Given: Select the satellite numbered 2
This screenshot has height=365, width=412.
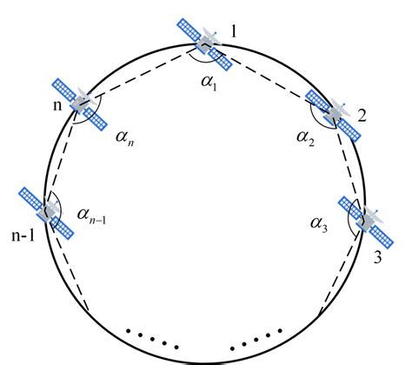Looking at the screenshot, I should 336,113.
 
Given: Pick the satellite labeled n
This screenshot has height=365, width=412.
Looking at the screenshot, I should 82,103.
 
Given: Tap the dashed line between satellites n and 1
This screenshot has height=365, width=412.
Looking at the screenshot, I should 143,73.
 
